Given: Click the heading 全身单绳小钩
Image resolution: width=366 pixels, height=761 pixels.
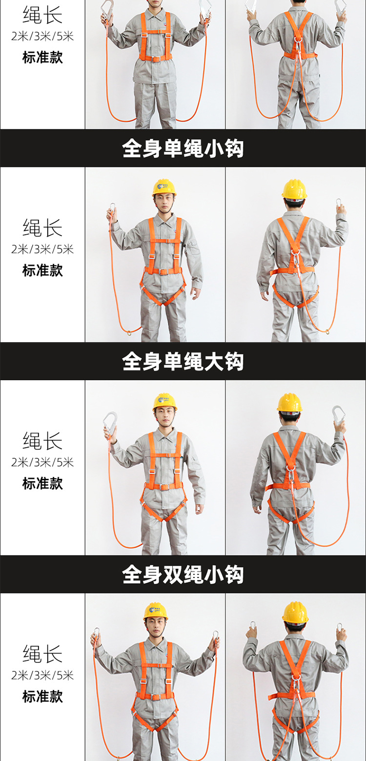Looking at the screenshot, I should [183, 148].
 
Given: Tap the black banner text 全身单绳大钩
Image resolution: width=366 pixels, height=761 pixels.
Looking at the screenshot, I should [183, 362].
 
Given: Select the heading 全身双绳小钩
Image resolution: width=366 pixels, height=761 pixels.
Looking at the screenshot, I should [183, 575].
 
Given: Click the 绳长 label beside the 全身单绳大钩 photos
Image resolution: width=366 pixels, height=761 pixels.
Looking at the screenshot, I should [42, 441].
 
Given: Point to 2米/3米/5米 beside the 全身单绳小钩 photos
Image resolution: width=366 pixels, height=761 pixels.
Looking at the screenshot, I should [42, 249].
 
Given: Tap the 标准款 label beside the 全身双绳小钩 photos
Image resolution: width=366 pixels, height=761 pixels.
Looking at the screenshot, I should [42, 696].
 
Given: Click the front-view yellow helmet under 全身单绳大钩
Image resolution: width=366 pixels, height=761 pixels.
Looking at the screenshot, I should [165, 401].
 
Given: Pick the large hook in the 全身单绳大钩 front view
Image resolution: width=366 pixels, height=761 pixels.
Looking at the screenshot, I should [110, 421].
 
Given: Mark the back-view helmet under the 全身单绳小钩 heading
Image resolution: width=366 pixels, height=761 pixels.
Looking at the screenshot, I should [294, 189].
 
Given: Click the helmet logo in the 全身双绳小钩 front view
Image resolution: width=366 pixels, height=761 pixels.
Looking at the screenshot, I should [155, 610].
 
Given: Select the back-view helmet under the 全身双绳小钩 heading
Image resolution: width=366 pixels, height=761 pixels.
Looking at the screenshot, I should [295, 612].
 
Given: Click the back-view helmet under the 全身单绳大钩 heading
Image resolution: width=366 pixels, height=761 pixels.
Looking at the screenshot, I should [289, 403].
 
